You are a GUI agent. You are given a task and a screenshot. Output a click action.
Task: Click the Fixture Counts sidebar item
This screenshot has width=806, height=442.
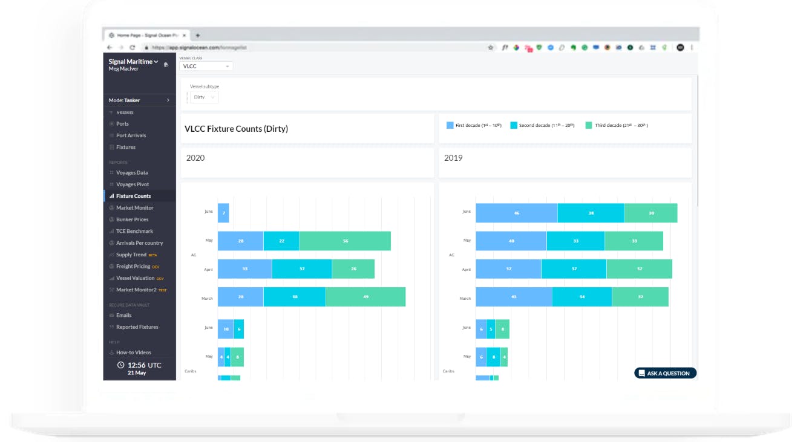pos(133,196)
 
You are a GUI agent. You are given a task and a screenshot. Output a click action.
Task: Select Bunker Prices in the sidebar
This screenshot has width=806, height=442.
pos(132,219)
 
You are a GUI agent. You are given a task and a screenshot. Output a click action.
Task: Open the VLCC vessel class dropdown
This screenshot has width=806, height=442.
pos(206,66)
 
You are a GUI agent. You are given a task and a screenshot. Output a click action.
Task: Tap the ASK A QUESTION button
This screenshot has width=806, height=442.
pos(665,373)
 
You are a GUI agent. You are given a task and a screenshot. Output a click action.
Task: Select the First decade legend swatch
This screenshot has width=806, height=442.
pos(450,125)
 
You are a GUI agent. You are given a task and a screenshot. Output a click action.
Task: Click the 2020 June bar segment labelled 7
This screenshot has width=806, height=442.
pos(223,213)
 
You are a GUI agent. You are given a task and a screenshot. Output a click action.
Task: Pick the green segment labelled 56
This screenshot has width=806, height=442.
pos(345,241)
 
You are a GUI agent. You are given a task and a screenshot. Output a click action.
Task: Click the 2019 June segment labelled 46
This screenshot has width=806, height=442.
pos(516,213)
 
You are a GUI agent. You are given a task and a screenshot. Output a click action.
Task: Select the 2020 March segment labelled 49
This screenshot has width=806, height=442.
pos(365,297)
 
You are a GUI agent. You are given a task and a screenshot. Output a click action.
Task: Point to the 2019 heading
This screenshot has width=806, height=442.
pos(453,158)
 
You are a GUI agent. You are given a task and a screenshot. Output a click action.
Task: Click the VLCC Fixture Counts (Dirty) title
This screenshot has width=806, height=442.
pos(236,129)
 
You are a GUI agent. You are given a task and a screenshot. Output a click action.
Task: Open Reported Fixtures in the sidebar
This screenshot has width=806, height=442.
pos(137,327)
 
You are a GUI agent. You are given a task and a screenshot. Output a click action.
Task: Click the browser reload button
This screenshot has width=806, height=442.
pos(132,47)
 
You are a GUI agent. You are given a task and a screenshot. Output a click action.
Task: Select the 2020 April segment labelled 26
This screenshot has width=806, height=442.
pos(353,268)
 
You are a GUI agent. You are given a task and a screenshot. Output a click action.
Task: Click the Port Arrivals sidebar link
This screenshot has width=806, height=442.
pos(131,135)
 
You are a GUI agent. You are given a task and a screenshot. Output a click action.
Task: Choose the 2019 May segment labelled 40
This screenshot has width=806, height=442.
pos(511,241)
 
